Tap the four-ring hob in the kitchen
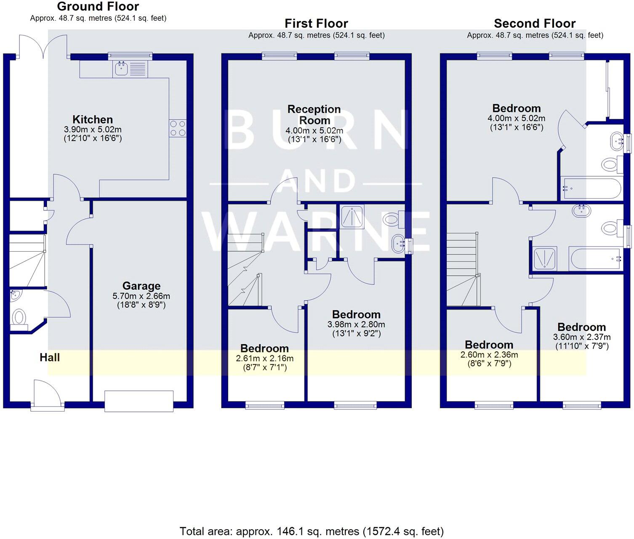178,128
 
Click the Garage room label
141,286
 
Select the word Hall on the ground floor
50,358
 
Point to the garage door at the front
139,401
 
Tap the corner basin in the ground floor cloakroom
15,295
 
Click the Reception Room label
314,114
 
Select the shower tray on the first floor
352,217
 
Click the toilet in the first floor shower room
393,219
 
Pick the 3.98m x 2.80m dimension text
356,324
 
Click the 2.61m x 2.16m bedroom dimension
265,358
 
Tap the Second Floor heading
535,23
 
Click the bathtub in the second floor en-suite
591,189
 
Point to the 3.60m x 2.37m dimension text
582,337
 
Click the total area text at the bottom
312,531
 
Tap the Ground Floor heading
98,6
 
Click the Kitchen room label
93,119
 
